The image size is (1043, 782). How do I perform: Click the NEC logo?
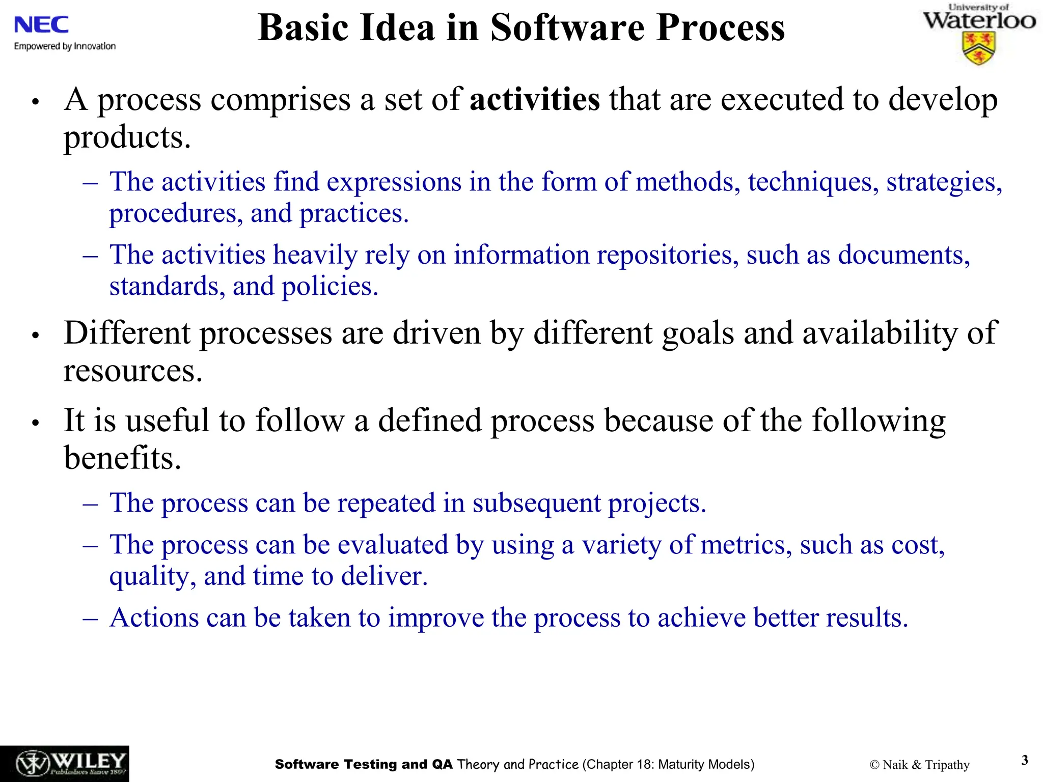pos(41,24)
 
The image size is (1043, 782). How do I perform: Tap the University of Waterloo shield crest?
pos(978,48)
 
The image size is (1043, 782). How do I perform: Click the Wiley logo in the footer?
pos(65,764)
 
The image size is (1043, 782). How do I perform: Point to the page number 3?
pos(1025,760)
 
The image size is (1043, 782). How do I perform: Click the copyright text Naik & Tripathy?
pos(920,765)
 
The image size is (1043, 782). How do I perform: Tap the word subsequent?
pos(536,504)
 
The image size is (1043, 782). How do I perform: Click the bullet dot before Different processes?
pos(35,336)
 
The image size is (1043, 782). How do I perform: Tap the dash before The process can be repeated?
pos(90,504)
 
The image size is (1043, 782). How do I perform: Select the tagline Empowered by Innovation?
pos(65,46)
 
